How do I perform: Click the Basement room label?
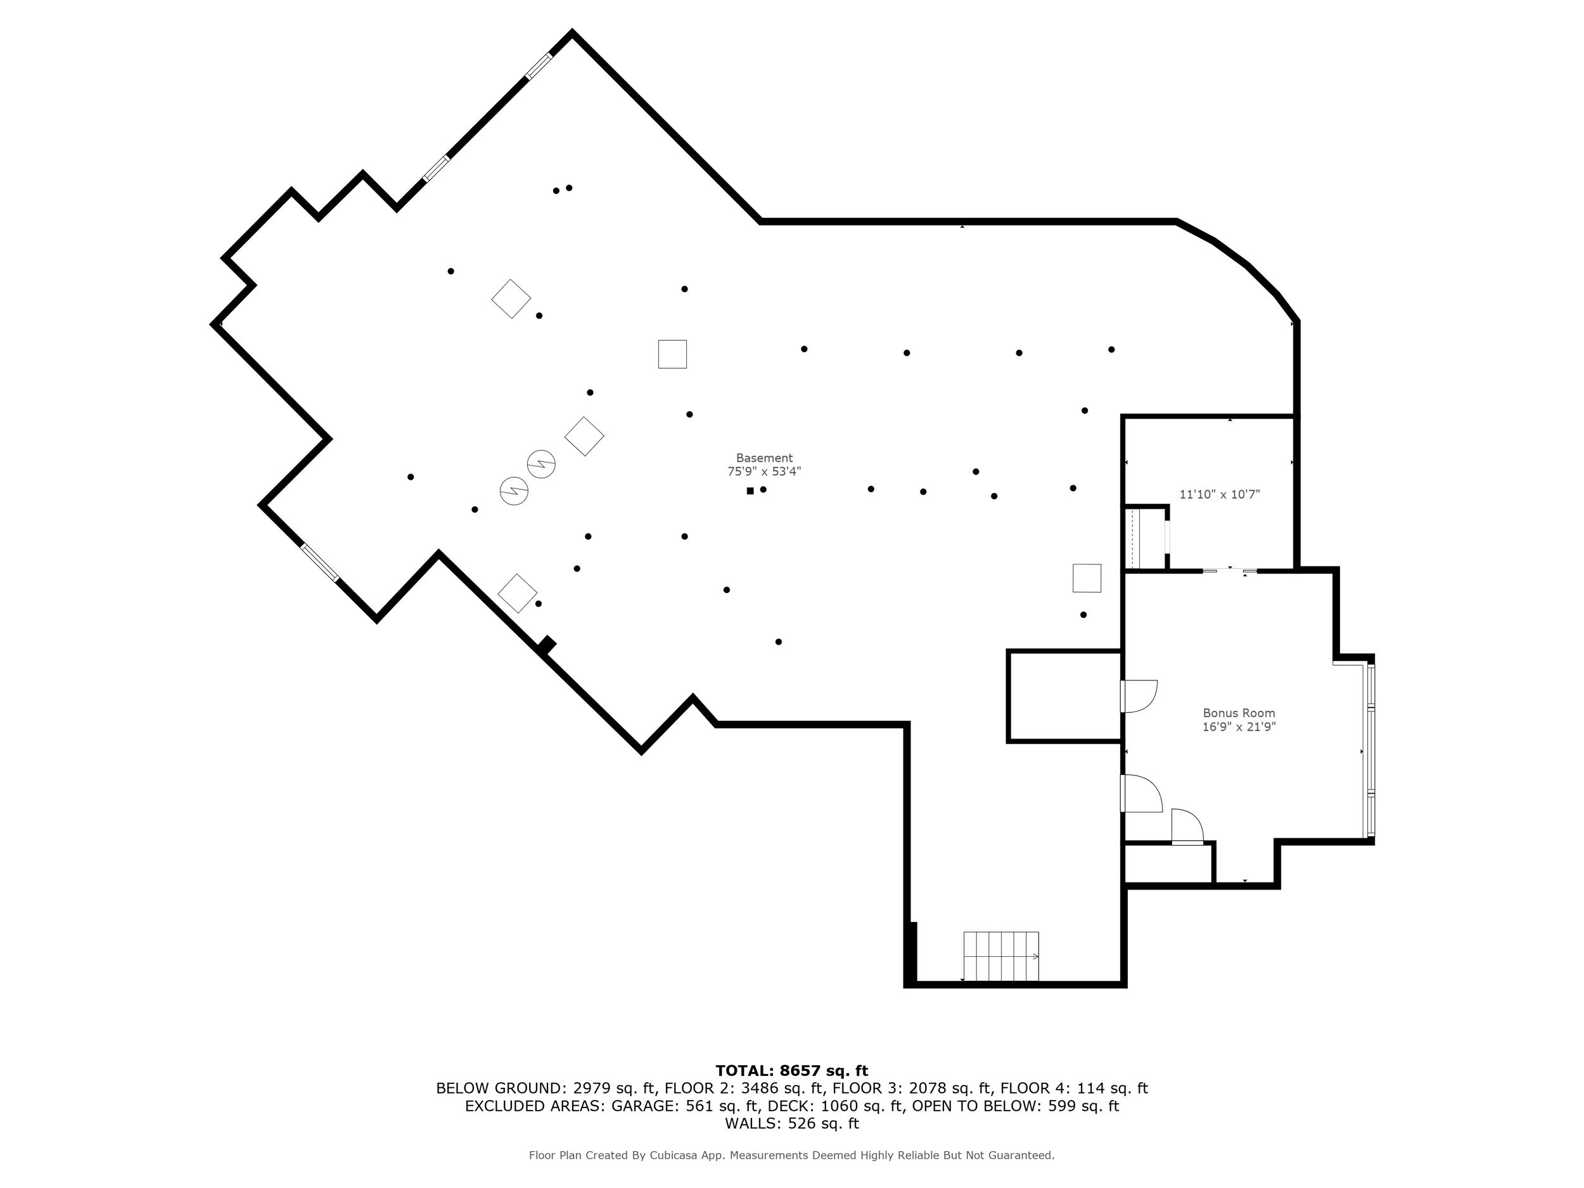click(x=764, y=457)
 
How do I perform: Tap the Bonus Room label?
click(x=1238, y=713)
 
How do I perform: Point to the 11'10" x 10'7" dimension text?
click(x=1219, y=494)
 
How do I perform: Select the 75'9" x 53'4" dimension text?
click(x=764, y=471)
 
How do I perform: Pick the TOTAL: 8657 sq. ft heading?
click(x=791, y=1071)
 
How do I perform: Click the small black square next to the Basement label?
click(x=750, y=490)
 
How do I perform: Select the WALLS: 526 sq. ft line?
click(x=791, y=1123)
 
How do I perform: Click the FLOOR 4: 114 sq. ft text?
click(x=1073, y=1089)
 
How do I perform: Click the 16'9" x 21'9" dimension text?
click(x=1238, y=727)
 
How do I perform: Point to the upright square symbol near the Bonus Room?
click(x=1087, y=578)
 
